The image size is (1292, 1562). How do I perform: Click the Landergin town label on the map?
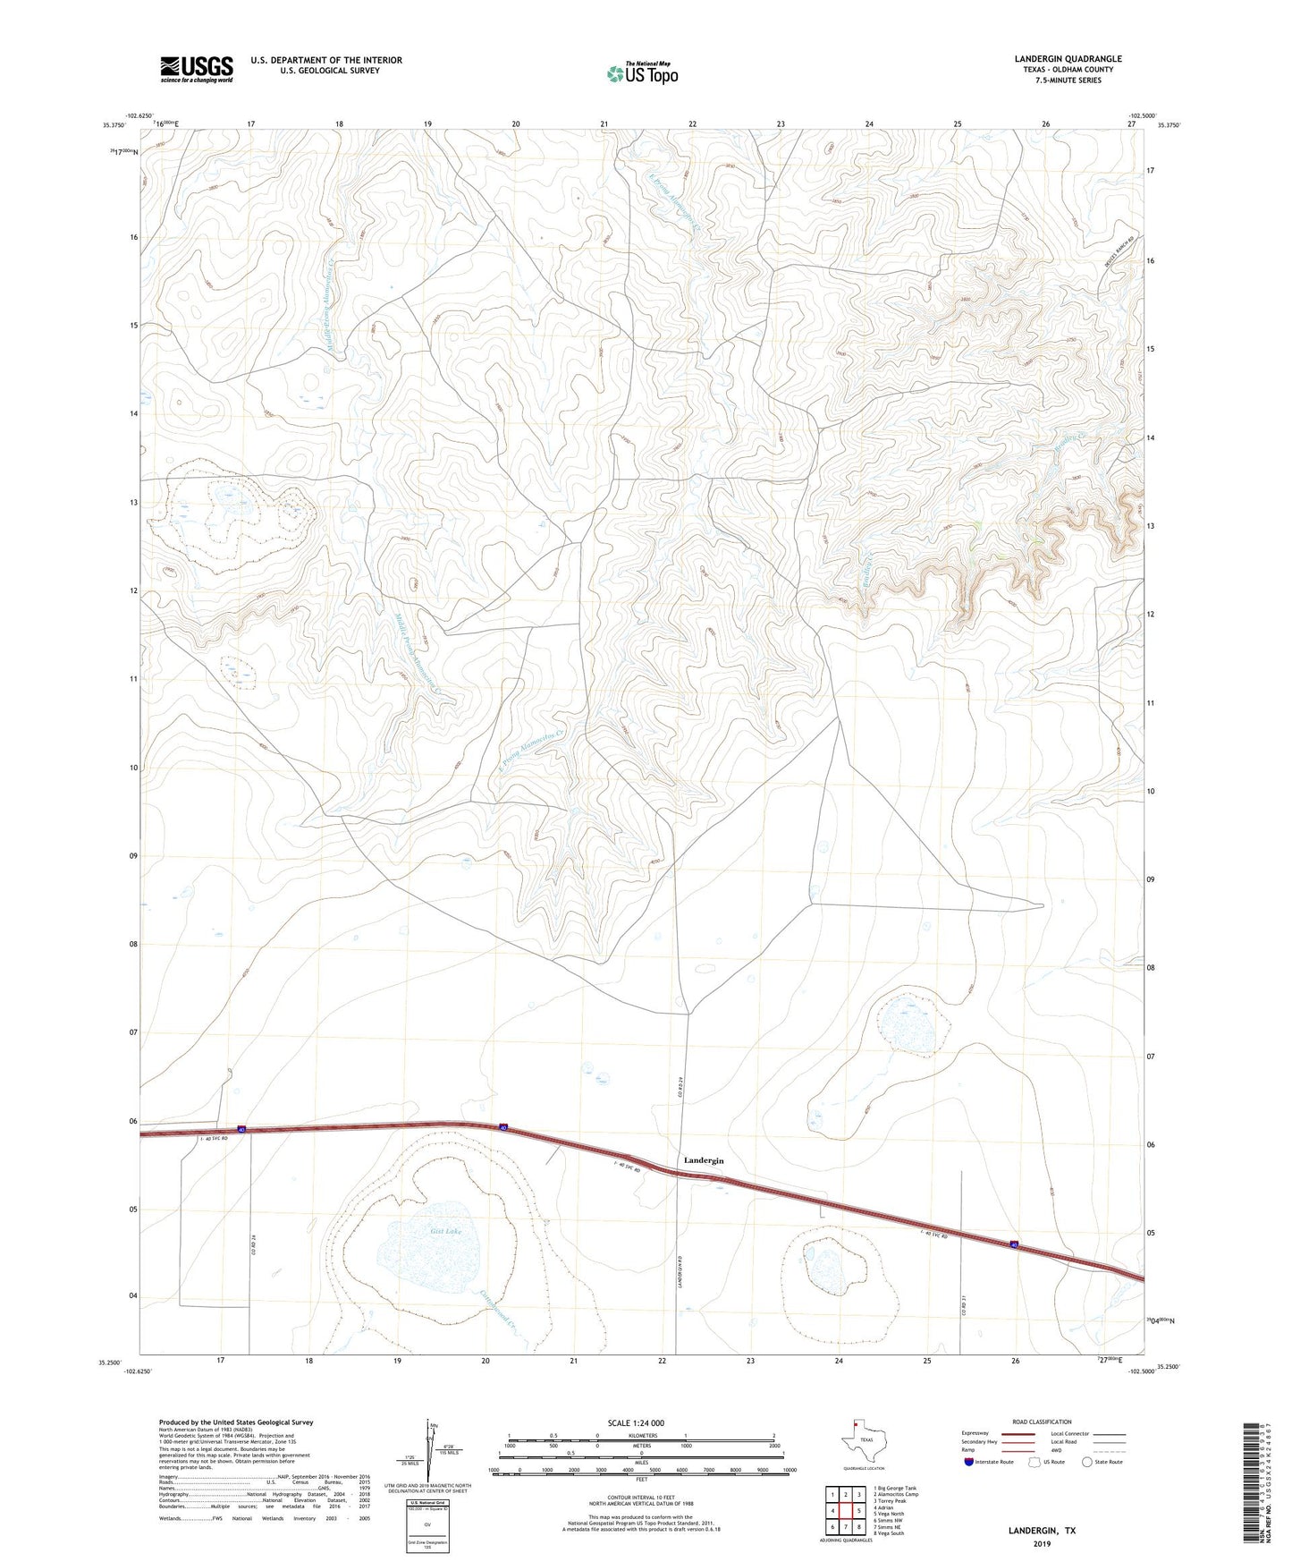[x=703, y=1159]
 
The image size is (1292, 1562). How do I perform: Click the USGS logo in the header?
[x=197, y=69]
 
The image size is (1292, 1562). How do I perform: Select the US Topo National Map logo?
[x=642, y=72]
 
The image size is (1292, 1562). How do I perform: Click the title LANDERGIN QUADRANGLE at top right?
[x=1068, y=59]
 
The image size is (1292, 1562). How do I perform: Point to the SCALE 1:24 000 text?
[x=636, y=1422]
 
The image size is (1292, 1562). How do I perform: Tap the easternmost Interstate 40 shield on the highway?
[x=1014, y=1244]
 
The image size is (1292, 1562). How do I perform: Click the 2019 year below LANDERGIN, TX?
[x=1042, y=1543]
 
